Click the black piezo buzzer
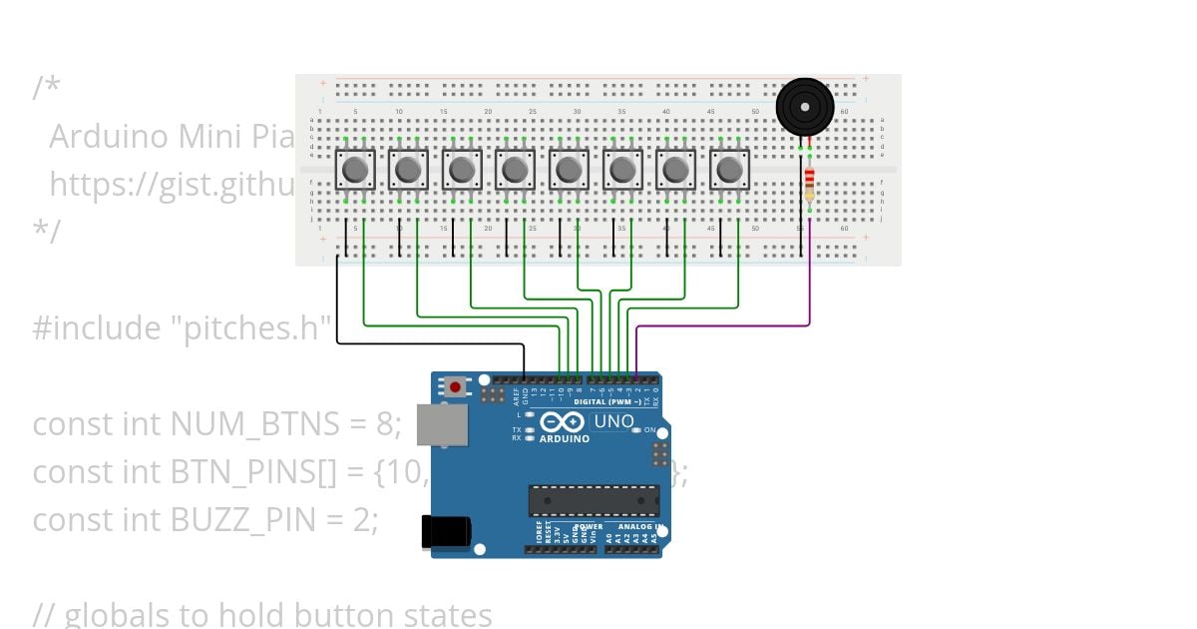(x=804, y=106)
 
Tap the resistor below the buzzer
(x=809, y=184)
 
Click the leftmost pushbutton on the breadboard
(x=354, y=170)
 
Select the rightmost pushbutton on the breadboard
(x=729, y=170)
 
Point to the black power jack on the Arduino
(x=445, y=530)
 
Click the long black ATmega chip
(x=594, y=501)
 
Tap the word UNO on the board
(x=613, y=421)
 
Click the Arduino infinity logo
(x=561, y=422)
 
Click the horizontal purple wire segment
(x=722, y=325)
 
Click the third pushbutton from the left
(x=462, y=170)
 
